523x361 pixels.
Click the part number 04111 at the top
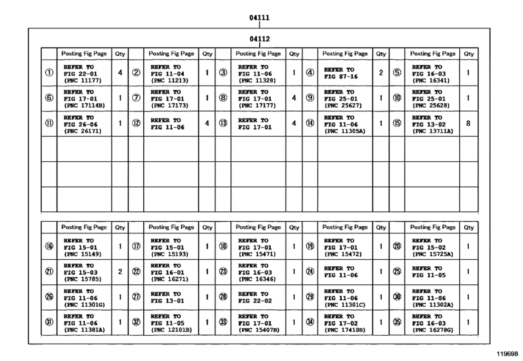259,17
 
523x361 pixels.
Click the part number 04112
259,39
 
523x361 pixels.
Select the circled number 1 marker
49,73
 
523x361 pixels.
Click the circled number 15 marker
397,123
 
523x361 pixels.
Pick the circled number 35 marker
397,322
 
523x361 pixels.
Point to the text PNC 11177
83,81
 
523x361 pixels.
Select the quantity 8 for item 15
468,122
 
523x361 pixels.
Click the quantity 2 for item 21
120,271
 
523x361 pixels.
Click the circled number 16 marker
49,246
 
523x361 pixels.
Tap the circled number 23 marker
223,271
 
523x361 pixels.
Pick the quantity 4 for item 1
120,73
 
